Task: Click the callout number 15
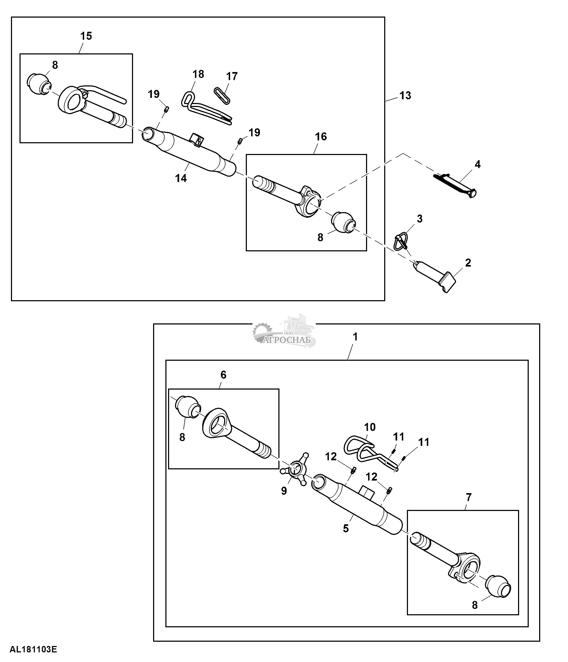(86, 36)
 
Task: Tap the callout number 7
(468, 497)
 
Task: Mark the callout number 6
(223, 374)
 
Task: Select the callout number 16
(321, 137)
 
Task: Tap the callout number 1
(355, 337)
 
